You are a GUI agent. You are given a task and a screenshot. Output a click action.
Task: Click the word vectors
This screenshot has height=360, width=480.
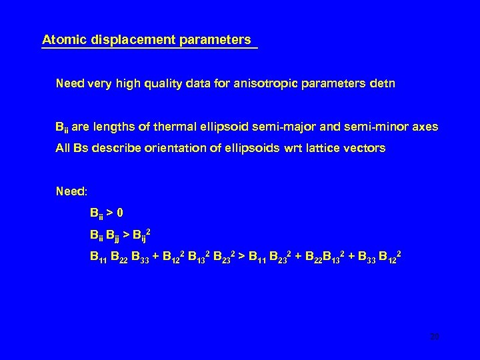click(x=365, y=149)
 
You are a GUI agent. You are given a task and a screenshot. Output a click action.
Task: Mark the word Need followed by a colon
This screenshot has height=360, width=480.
click(x=71, y=192)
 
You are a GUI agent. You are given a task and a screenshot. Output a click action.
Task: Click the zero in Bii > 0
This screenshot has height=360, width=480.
click(x=120, y=213)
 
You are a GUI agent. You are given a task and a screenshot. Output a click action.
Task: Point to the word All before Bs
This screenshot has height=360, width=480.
click(x=63, y=149)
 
